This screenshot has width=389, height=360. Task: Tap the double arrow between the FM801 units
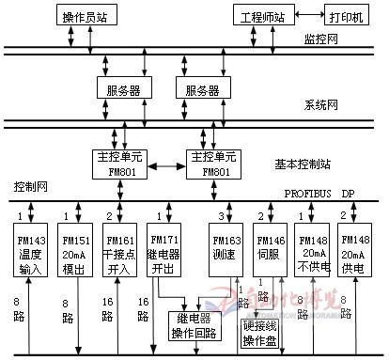coord(165,161)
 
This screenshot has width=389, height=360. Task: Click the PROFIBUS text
coord(311,192)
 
